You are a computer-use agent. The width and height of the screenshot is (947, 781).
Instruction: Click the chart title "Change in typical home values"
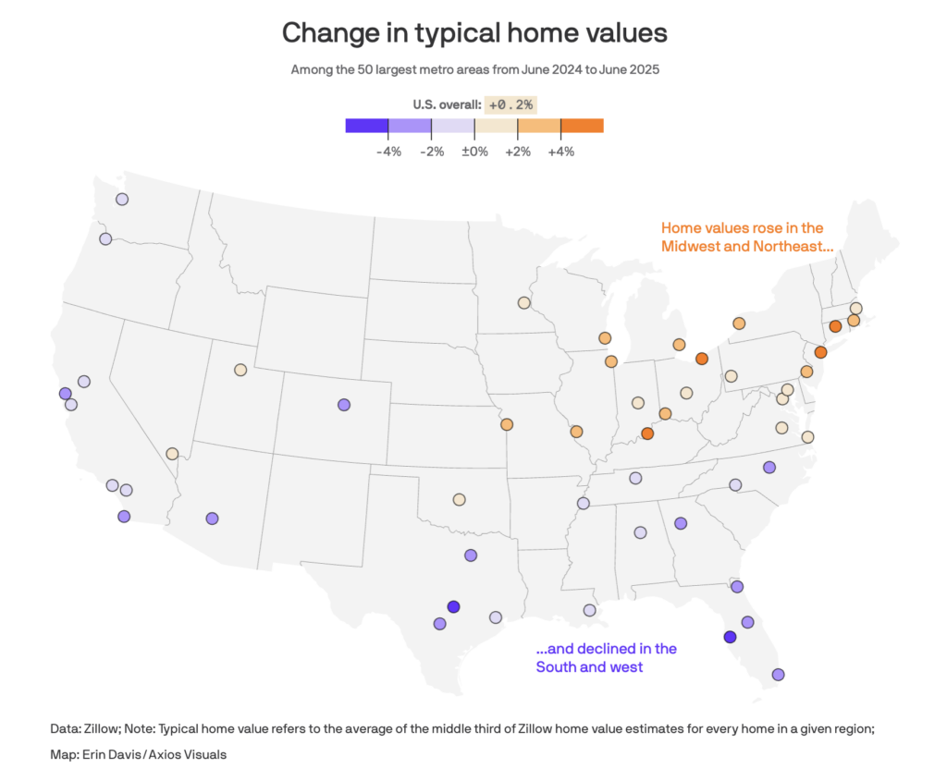point(473,33)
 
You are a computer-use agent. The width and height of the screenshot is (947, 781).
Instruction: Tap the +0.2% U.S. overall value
point(511,104)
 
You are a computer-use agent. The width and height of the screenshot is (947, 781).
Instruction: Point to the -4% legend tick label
point(388,152)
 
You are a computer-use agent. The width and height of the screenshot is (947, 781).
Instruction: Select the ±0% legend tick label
point(474,152)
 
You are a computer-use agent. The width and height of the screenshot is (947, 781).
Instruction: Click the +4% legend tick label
point(561,152)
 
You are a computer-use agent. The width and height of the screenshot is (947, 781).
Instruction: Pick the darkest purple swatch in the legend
point(366,126)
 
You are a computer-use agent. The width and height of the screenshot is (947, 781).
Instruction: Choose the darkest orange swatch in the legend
point(583,126)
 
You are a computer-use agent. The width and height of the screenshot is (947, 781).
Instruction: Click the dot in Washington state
point(121,199)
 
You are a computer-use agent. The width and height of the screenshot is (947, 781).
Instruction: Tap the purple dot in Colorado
point(344,404)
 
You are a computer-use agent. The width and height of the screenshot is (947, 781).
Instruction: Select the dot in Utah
point(240,370)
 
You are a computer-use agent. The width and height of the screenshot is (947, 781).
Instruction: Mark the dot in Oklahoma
point(459,499)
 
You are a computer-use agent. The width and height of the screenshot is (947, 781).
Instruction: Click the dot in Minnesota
point(523,302)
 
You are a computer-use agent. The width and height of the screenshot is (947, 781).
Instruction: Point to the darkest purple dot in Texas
point(453,606)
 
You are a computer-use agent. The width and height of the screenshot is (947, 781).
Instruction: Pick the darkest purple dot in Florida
point(730,637)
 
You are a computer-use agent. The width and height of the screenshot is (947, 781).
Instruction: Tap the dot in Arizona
point(212,519)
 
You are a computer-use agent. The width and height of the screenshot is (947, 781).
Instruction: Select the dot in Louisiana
point(589,610)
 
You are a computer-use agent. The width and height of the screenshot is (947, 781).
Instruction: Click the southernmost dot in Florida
point(778,675)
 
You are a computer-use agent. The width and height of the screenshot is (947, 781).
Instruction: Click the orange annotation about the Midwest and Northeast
point(742,237)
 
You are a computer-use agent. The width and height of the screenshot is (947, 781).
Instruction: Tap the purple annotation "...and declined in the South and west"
point(606,657)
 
